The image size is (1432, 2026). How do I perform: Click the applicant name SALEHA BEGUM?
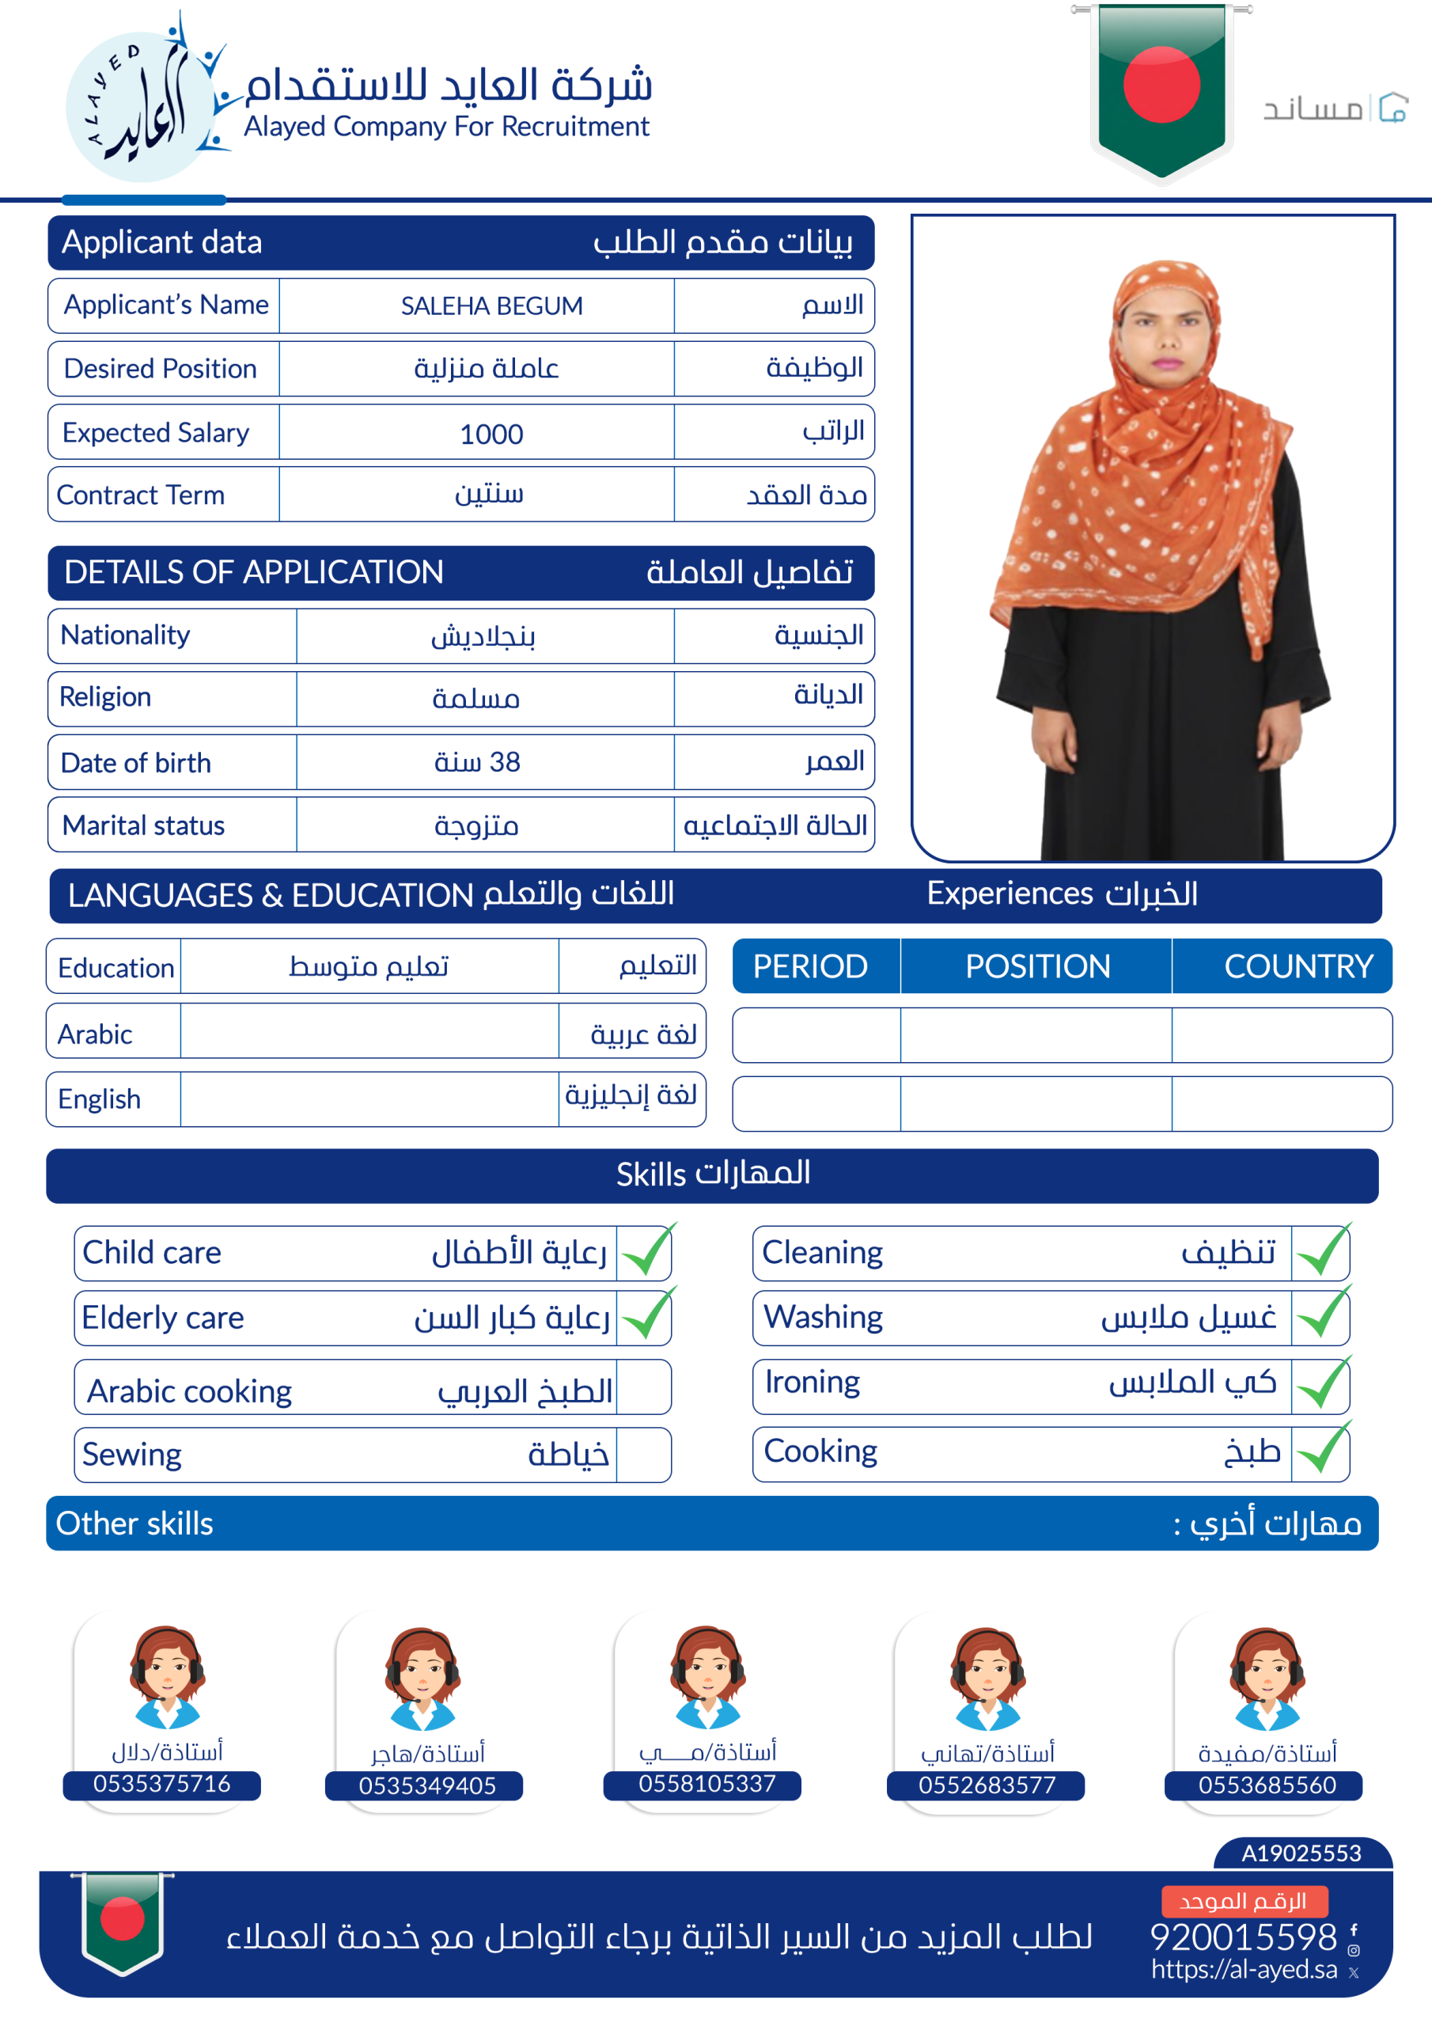point(491,306)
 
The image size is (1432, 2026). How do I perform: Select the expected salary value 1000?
point(491,434)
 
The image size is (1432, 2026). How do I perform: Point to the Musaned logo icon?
point(1392,108)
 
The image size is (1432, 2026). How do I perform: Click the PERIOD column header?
point(810,966)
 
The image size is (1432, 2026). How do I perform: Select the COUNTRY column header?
point(1298,966)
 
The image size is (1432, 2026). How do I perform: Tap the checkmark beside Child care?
point(646,1251)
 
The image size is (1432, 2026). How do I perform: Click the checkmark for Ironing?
point(1323,1383)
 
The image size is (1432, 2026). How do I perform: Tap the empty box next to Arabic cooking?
point(643,1387)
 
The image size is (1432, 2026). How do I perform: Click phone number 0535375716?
point(161,1783)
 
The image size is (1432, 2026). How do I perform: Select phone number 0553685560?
point(1266,1785)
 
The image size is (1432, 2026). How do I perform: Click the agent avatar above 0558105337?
point(707,1676)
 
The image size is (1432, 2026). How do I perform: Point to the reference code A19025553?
point(1301,1853)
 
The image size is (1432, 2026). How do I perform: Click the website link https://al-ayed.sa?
point(1244,1970)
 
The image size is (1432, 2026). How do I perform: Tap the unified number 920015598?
point(1244,1937)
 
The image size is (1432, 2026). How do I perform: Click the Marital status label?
point(144,825)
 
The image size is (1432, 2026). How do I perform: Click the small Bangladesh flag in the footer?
point(123,1922)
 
